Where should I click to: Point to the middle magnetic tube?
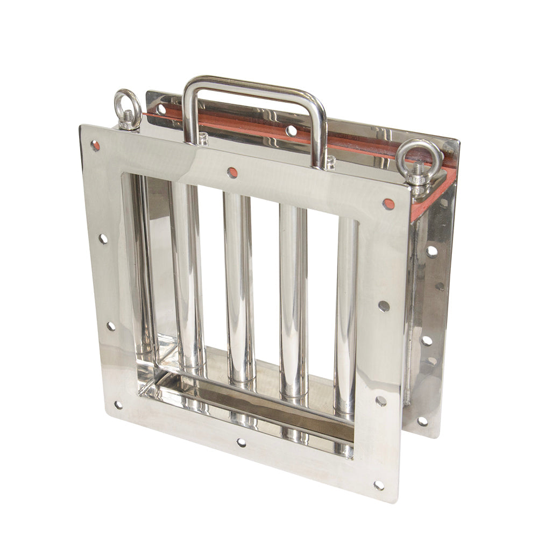238,285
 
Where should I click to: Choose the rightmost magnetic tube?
345,312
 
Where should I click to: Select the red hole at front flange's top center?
232,172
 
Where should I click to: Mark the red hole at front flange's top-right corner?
388,204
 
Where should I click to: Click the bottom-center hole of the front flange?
242,442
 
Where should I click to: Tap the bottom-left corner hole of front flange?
118,405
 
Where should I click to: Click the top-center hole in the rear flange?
291,130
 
